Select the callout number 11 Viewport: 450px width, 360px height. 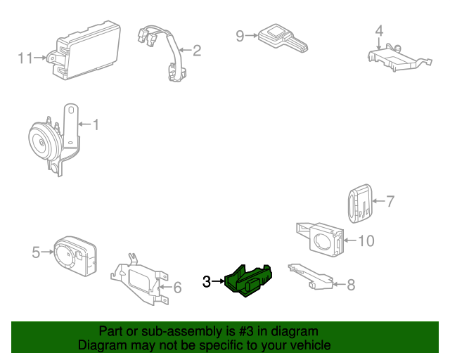(x=25, y=58)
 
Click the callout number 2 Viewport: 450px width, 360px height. (x=197, y=51)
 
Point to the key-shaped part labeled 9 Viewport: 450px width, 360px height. (x=283, y=39)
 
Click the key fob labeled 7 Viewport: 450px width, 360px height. (x=360, y=203)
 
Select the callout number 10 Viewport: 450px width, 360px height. (x=366, y=240)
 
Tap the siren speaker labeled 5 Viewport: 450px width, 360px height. (x=75, y=256)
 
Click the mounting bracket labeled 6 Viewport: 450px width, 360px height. (x=140, y=280)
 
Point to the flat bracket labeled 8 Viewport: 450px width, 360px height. (x=311, y=277)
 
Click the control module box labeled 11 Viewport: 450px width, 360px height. (x=86, y=51)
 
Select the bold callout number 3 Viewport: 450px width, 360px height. (x=207, y=282)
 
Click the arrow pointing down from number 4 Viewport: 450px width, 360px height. (x=379, y=44)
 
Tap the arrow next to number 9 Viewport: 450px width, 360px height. (x=252, y=36)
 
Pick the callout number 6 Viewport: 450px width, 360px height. (x=178, y=288)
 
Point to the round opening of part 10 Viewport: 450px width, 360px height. (x=323, y=242)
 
